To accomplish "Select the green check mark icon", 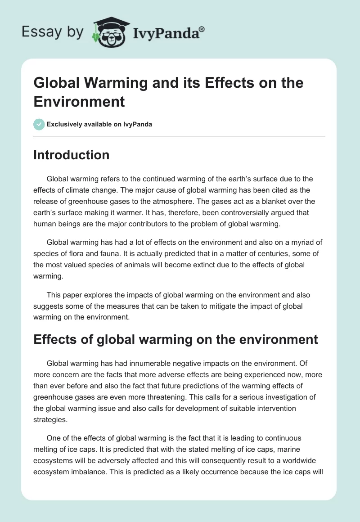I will tap(39, 124).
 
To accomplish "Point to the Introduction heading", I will tap(72, 155).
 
